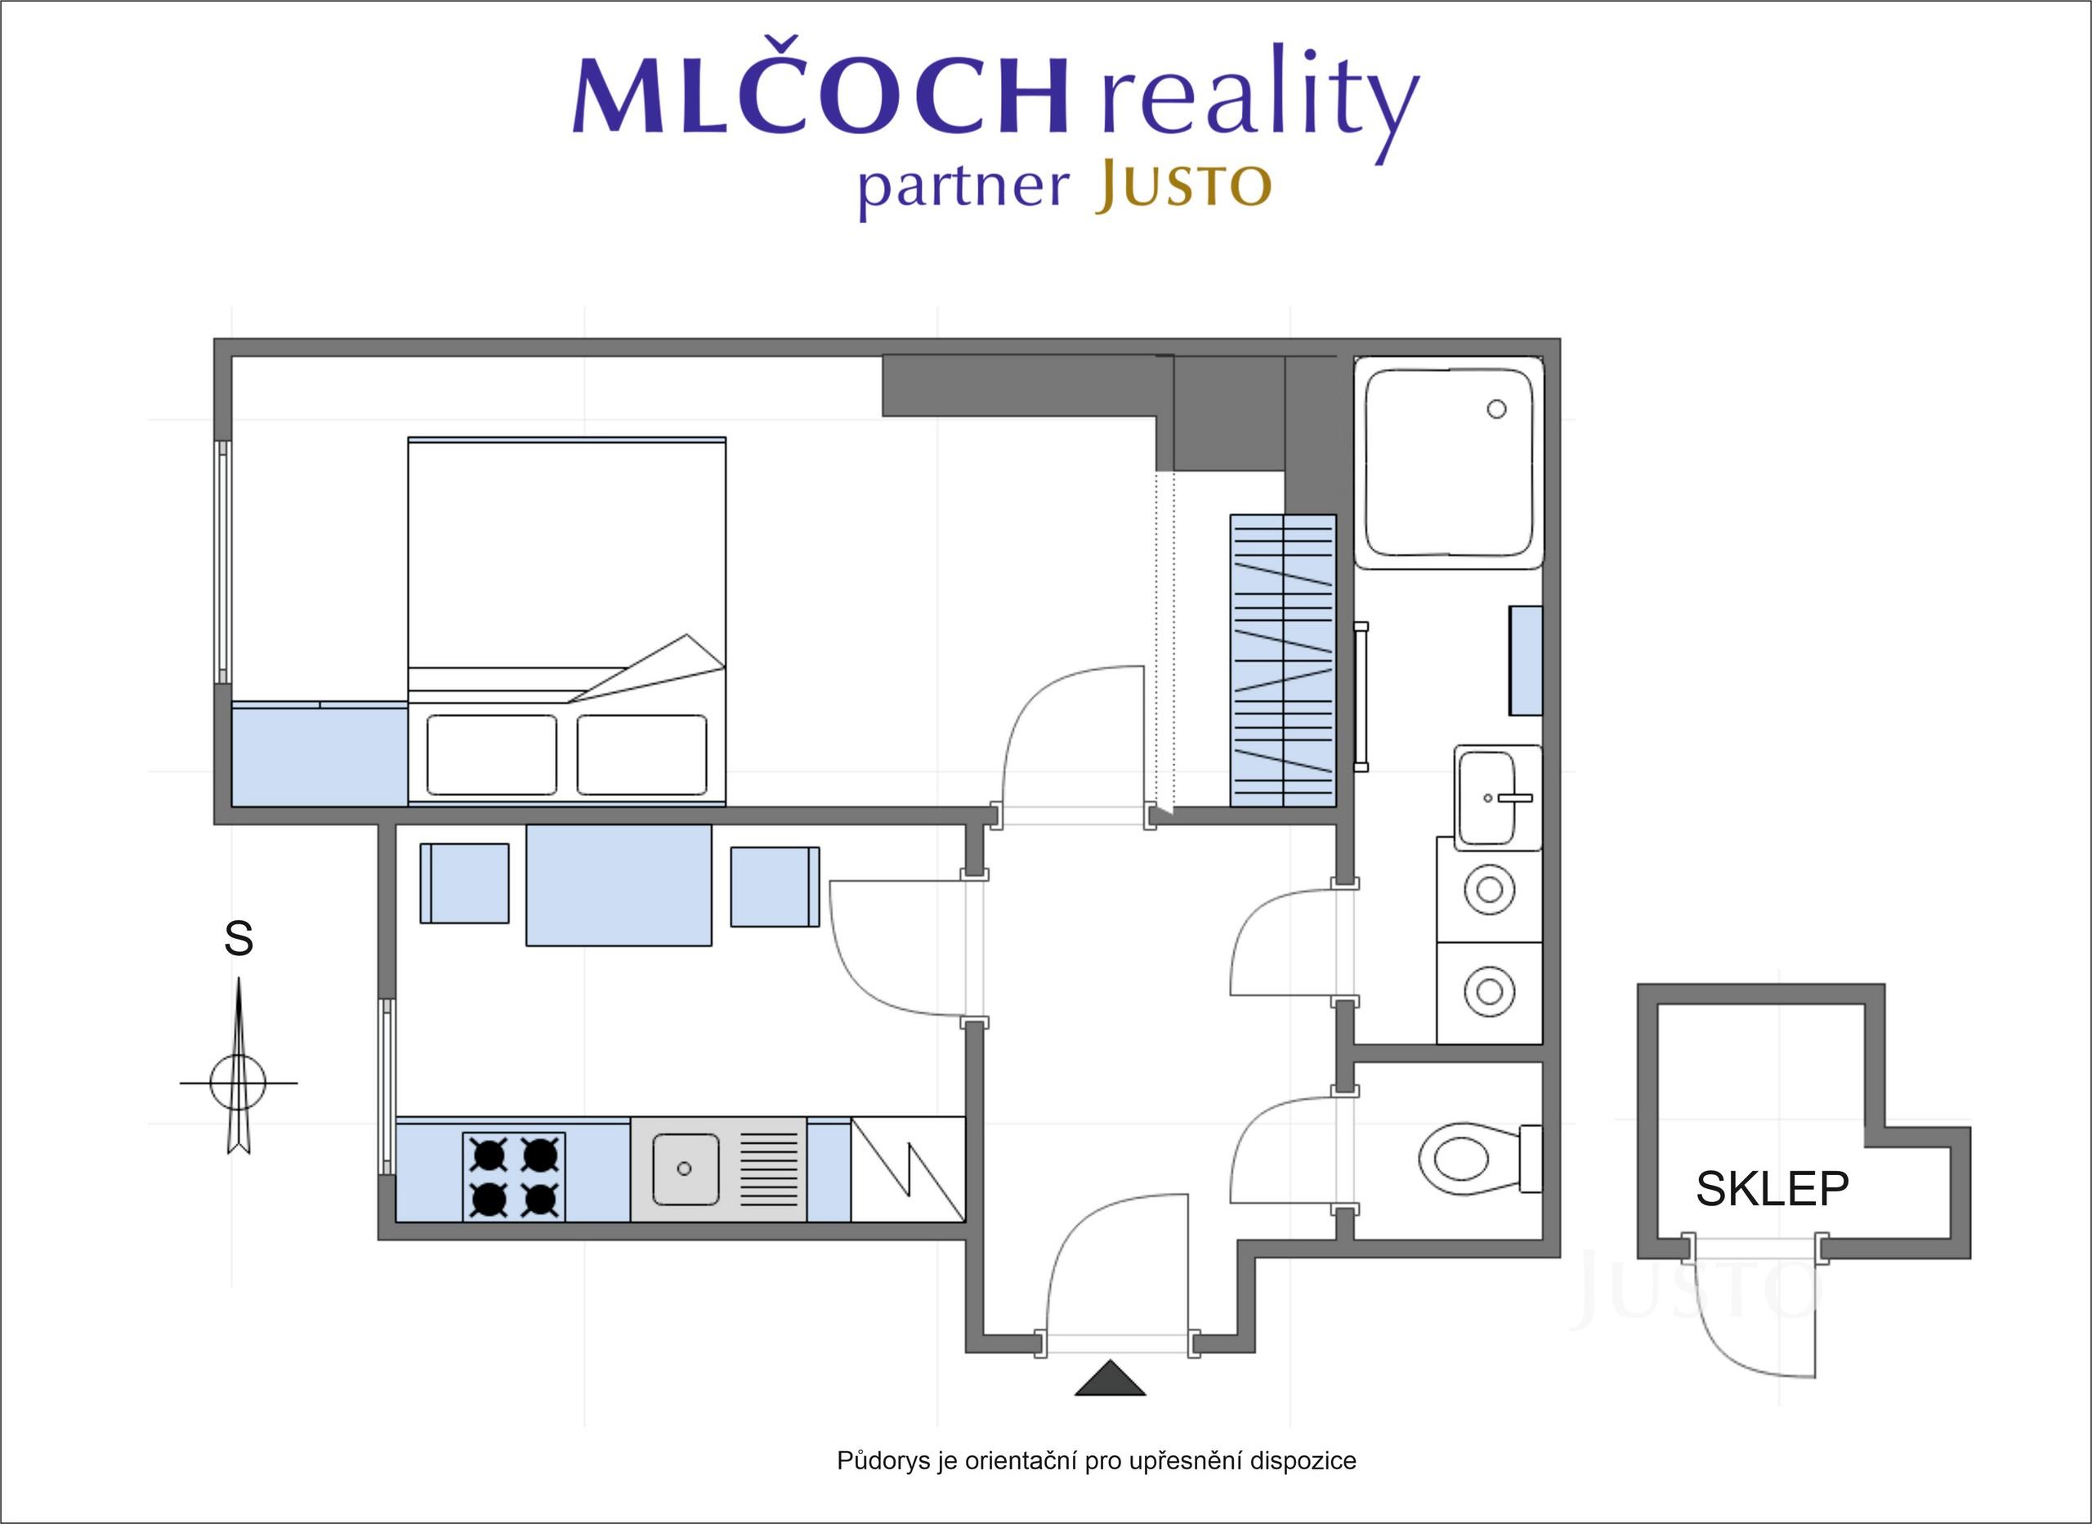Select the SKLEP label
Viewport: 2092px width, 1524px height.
click(x=1772, y=1189)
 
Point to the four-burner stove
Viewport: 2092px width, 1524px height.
click(x=514, y=1176)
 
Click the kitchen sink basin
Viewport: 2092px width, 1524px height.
click(x=686, y=1169)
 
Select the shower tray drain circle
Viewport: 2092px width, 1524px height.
click(x=1497, y=409)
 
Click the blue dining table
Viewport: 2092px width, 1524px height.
click(x=619, y=885)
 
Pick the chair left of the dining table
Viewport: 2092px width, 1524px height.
click(x=465, y=883)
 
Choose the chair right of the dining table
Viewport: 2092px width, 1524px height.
click(x=775, y=887)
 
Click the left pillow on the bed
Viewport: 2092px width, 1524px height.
click(x=492, y=754)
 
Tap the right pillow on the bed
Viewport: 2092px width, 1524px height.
click(x=642, y=754)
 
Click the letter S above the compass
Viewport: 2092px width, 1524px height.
click(x=239, y=938)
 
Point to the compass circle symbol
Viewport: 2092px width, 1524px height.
click(x=238, y=1082)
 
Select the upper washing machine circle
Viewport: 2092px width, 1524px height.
click(x=1490, y=889)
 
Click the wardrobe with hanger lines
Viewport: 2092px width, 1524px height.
click(x=1283, y=660)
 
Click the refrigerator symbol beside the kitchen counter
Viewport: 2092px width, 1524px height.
click(x=908, y=1169)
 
